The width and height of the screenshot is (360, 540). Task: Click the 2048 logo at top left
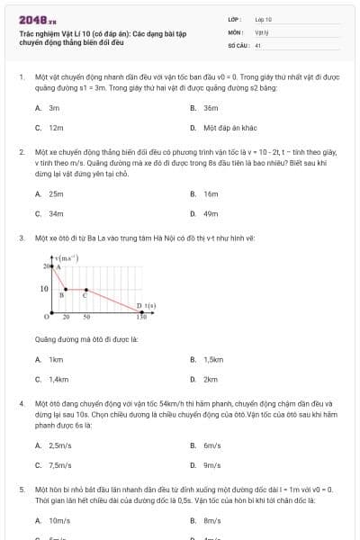point(37,18)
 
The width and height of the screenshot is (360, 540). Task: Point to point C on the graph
point(85,290)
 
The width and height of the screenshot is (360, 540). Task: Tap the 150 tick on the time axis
point(140,317)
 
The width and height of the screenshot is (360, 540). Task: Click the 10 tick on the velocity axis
point(43,289)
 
